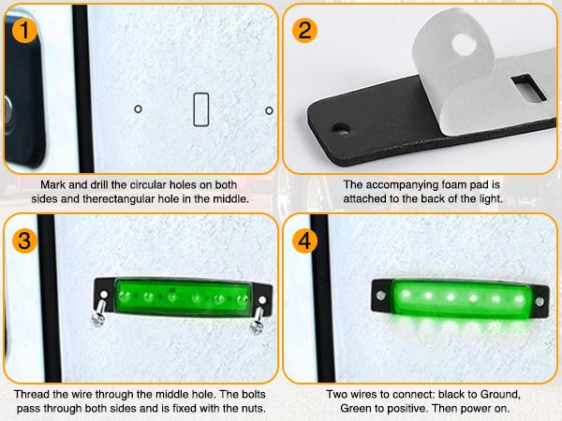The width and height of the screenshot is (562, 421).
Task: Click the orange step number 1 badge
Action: (24, 31)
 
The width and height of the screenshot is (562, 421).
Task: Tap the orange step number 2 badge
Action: (304, 31)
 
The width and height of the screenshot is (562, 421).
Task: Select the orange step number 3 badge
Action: (24, 240)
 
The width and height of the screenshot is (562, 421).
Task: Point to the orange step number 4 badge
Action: (304, 240)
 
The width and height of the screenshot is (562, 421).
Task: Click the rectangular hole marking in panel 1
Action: (201, 109)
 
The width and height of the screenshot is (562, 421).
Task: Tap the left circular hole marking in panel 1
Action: (138, 109)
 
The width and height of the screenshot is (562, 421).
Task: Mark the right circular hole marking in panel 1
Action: (269, 110)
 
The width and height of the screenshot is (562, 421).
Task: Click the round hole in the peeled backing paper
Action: (464, 45)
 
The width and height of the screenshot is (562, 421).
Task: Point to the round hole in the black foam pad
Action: (341, 128)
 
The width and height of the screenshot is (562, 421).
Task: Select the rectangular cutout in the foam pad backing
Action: (528, 87)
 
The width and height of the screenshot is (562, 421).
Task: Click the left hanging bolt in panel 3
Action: (99, 312)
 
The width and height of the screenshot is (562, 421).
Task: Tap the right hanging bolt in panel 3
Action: (257, 319)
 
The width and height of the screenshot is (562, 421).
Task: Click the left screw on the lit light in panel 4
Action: (381, 296)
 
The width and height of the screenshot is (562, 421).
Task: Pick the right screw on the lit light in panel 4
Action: (540, 301)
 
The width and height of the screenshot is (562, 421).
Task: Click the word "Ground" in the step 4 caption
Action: (500, 394)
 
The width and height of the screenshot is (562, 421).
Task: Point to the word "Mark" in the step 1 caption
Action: (52, 184)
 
